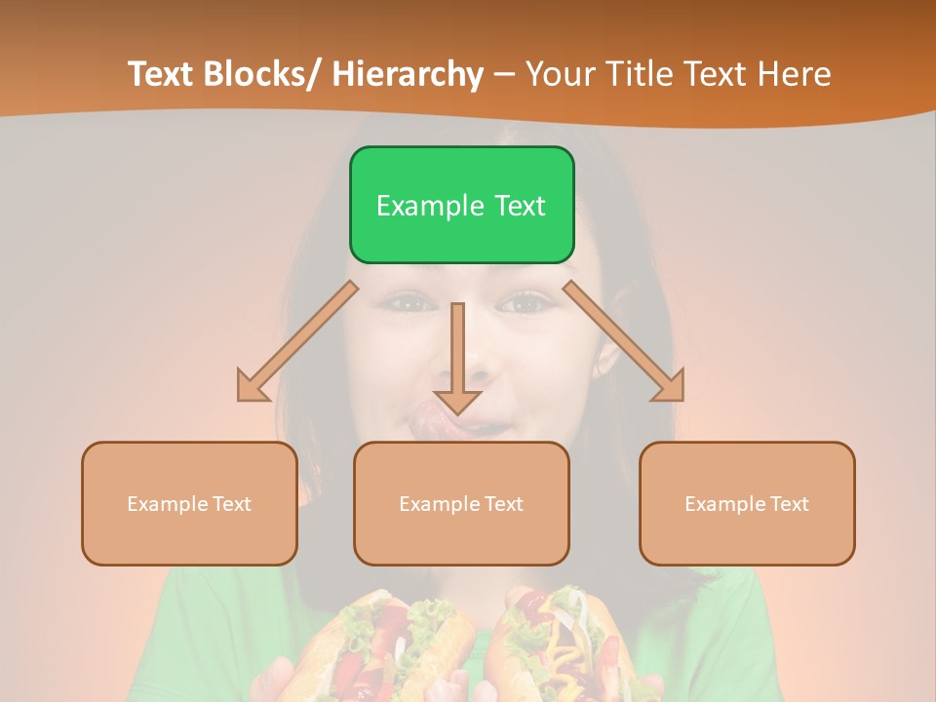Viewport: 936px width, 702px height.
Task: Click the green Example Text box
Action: click(x=461, y=205)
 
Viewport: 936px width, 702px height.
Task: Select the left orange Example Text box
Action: click(x=189, y=503)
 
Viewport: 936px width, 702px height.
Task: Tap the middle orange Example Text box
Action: click(x=461, y=503)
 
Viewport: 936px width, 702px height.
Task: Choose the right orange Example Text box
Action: click(x=747, y=503)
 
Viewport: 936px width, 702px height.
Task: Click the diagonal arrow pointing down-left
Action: click(x=297, y=341)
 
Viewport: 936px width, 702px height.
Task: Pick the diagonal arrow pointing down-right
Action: click(x=624, y=341)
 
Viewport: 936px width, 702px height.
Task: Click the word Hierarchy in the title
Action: click(x=408, y=74)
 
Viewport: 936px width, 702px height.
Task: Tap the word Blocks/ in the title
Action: click(x=259, y=74)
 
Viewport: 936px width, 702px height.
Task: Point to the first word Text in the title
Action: click(x=160, y=74)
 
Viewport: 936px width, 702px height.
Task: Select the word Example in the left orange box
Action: click(x=168, y=503)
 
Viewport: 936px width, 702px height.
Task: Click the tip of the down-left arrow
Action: click(x=241, y=397)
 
